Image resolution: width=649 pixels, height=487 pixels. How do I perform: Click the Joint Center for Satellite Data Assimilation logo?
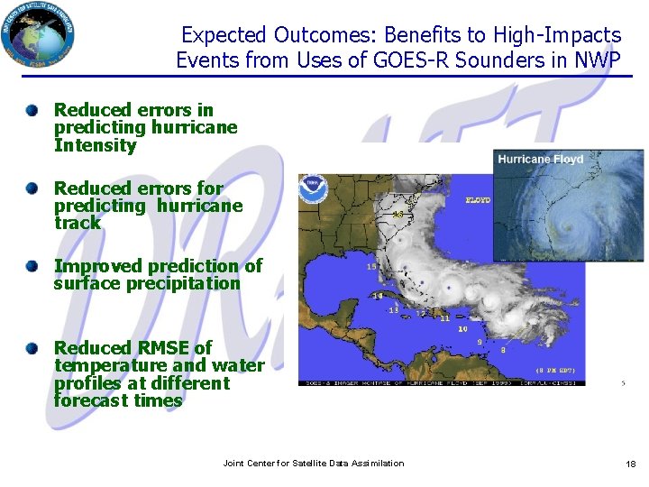pyautogui.click(x=38, y=34)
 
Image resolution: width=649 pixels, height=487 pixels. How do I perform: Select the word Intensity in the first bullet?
pyautogui.click(x=95, y=145)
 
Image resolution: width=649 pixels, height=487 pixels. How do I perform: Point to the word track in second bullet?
pyautogui.click(x=78, y=223)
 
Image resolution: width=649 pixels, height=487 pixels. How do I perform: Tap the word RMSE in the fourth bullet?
pyautogui.click(x=162, y=347)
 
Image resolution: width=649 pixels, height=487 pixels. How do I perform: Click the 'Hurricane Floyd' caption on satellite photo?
pyautogui.click(x=541, y=160)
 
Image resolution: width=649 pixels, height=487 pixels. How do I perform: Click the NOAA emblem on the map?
pyautogui.click(x=314, y=188)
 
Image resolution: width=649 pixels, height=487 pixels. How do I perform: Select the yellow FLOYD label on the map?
pyautogui.click(x=478, y=200)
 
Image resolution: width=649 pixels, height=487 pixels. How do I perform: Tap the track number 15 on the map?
pyautogui.click(x=371, y=267)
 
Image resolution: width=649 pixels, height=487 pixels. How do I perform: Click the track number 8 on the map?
pyautogui.click(x=502, y=349)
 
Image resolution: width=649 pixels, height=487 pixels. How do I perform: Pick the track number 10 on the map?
pyautogui.click(x=462, y=329)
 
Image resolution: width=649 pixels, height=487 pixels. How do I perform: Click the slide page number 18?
pyautogui.click(x=630, y=464)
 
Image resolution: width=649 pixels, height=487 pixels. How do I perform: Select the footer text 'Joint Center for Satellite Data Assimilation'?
pyautogui.click(x=314, y=464)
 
